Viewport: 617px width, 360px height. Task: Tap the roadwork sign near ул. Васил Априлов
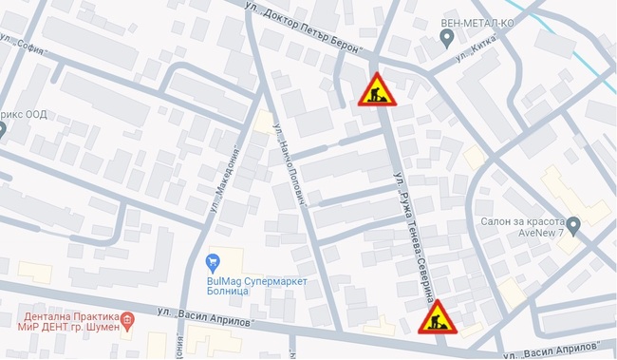437,316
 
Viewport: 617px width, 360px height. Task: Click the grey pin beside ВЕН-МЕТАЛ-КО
448,38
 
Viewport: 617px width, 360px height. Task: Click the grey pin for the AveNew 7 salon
572,224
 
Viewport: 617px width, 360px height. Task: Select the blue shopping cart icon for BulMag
213,261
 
